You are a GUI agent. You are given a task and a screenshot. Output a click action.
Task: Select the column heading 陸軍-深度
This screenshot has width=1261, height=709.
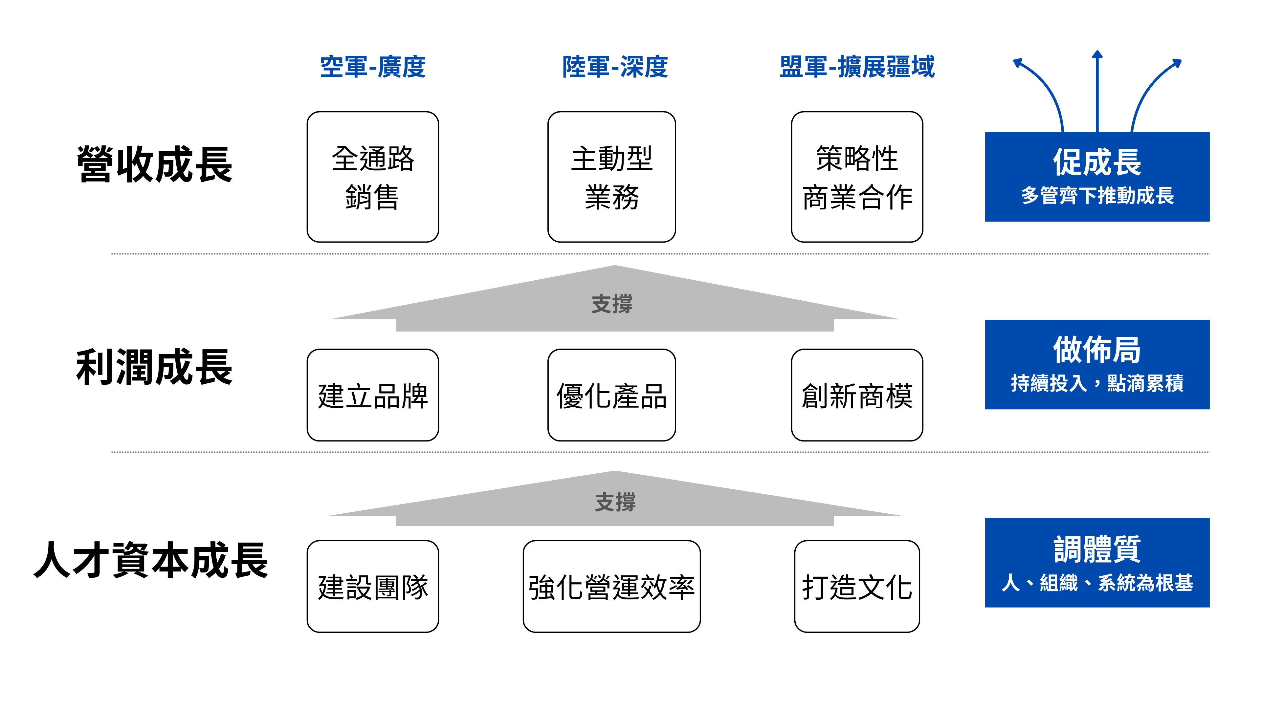(x=615, y=67)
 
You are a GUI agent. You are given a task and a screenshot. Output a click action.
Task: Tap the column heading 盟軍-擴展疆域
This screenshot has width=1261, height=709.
(x=857, y=67)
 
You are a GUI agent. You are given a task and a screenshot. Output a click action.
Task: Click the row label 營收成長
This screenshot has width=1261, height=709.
(x=155, y=164)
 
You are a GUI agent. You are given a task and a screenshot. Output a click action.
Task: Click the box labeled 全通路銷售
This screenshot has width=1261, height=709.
(x=372, y=177)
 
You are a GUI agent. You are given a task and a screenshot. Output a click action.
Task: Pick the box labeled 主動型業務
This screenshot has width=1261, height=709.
(x=611, y=177)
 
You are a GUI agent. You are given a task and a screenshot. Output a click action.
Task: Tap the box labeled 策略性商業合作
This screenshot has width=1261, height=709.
(x=857, y=177)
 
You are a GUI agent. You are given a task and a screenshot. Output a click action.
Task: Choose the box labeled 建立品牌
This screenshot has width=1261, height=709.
(x=372, y=395)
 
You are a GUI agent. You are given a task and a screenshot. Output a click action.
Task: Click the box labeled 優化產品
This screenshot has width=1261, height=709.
(x=611, y=395)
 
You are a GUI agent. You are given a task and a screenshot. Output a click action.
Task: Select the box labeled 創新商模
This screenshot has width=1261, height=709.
(x=857, y=395)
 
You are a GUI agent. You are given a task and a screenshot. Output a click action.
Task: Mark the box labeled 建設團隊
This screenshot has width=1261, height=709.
(x=372, y=586)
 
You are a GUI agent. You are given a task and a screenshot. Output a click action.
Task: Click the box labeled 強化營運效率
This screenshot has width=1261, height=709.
(x=611, y=586)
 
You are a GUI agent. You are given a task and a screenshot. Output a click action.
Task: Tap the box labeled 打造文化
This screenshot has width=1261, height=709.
(x=857, y=586)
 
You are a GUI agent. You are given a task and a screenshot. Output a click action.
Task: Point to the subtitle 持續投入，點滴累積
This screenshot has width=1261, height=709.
(x=1097, y=383)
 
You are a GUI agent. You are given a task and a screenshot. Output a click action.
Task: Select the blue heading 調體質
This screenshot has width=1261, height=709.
(x=1097, y=549)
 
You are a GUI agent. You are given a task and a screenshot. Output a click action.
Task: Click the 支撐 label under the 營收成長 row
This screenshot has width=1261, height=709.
(x=611, y=304)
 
